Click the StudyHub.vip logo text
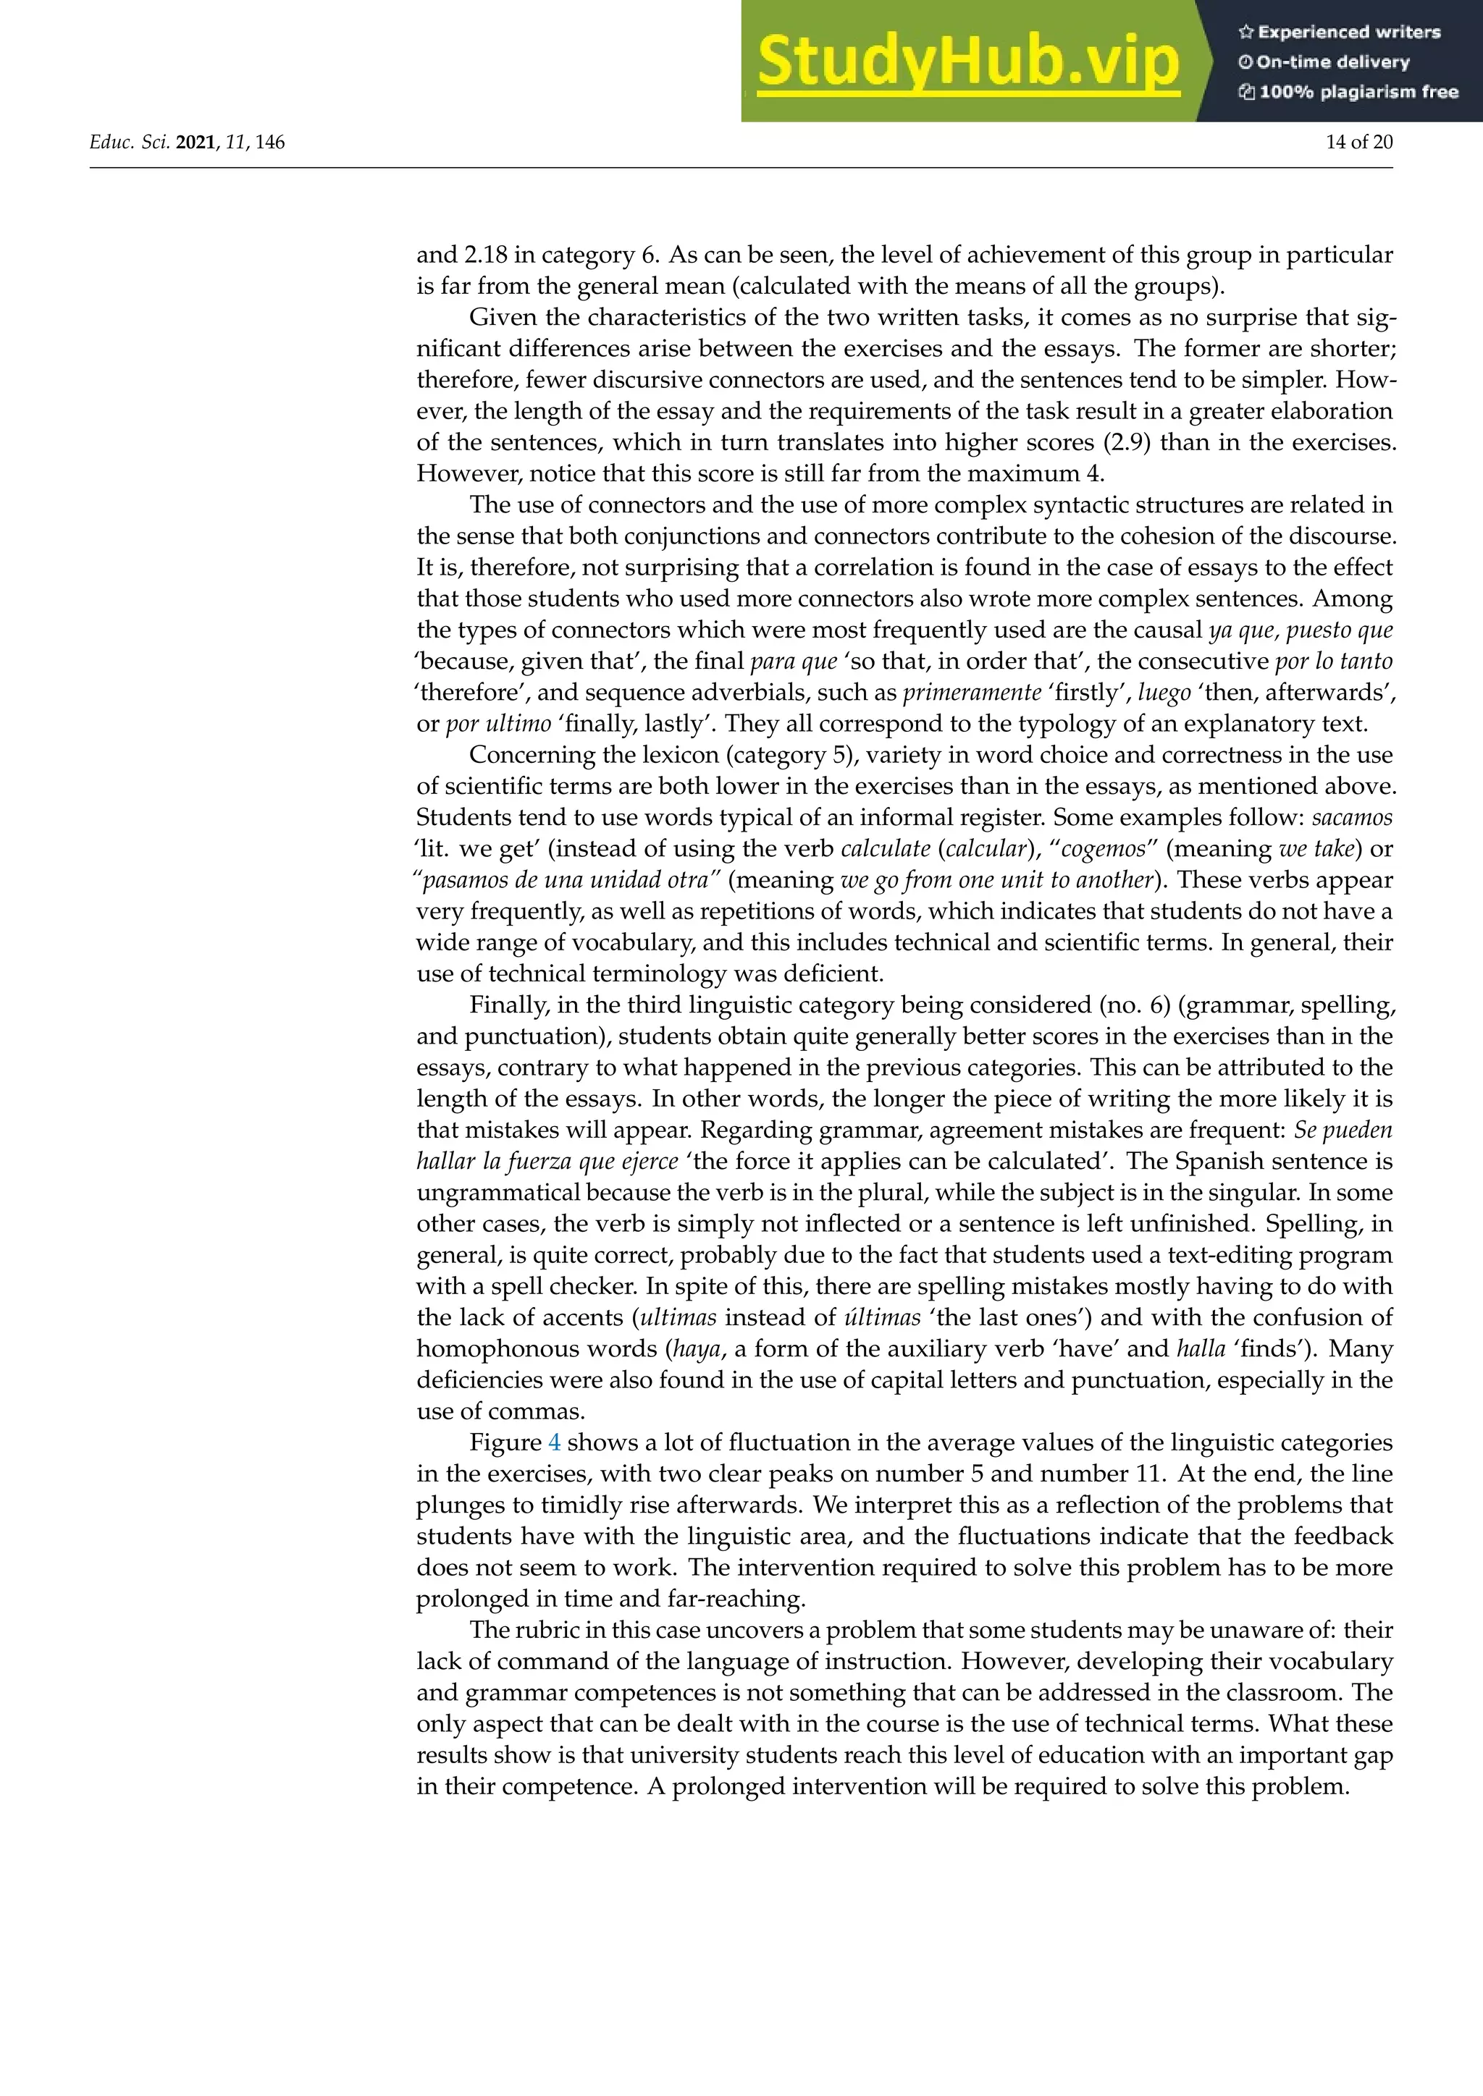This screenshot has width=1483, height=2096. [968, 62]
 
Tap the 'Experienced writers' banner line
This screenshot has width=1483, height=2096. [1340, 32]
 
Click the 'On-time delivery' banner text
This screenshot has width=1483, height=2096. [1324, 62]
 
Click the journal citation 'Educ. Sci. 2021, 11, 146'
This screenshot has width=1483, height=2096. [188, 143]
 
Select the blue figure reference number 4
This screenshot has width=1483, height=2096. [554, 1442]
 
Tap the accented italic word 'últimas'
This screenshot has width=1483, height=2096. [882, 1317]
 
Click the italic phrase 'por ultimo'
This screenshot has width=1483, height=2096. [499, 724]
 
